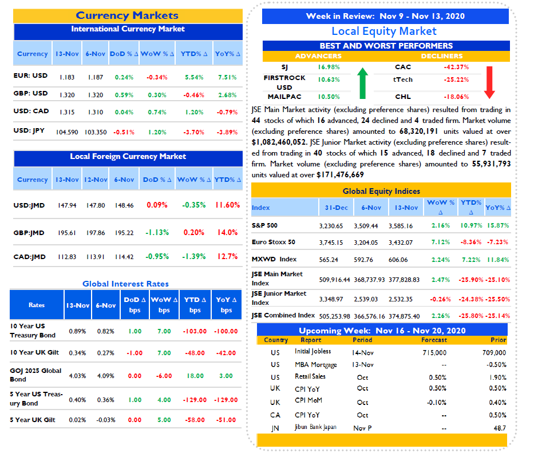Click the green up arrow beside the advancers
click(363, 83)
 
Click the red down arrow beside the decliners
click(489, 82)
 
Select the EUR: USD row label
click(30, 75)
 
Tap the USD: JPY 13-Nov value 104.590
click(67, 132)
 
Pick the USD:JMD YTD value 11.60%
click(227, 205)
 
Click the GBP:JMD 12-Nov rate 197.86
click(96, 233)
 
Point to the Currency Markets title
click(127, 15)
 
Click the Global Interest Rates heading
click(126, 284)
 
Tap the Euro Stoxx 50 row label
click(274, 242)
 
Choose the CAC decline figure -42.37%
click(456, 67)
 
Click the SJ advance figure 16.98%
click(329, 67)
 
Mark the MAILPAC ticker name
click(284, 97)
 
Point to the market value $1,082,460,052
click(279, 142)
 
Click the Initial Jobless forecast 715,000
click(434, 352)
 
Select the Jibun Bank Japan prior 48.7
click(500, 428)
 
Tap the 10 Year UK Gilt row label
click(34, 352)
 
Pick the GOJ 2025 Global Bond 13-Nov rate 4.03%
click(77, 376)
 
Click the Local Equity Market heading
click(384, 31)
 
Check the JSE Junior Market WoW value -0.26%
click(440, 300)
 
